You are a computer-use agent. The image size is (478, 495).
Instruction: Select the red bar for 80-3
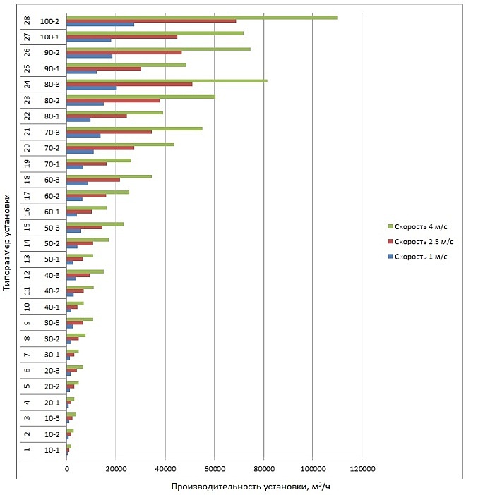[129, 85]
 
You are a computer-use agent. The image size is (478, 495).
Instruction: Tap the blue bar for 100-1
[89, 40]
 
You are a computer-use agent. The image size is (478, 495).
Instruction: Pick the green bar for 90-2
[158, 49]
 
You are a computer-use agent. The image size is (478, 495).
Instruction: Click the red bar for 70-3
[109, 132]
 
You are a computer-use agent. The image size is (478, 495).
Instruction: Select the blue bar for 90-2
[89, 56]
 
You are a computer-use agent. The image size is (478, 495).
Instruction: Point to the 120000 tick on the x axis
[362, 468]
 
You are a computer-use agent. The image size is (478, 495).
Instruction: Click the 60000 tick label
[214, 468]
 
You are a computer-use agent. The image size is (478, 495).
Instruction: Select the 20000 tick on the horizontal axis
[116, 468]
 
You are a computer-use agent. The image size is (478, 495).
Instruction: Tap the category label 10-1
[52, 451]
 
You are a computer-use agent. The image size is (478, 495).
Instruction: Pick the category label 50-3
[52, 228]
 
